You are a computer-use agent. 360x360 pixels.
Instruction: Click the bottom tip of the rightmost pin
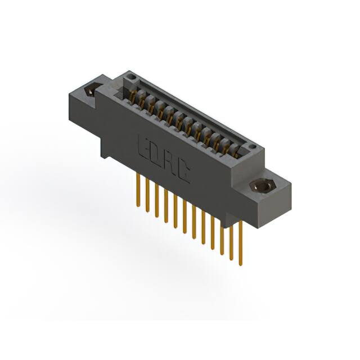tap(240, 264)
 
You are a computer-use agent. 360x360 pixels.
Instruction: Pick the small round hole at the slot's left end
tap(131, 75)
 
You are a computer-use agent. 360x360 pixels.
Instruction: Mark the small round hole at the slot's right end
tap(253, 147)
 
